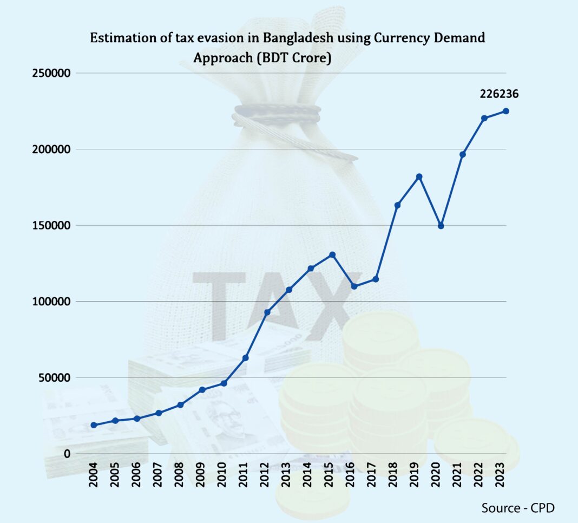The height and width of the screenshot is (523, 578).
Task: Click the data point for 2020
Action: [441, 226]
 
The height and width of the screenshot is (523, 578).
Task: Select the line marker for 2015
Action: [332, 254]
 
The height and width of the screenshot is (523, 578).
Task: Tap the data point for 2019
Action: [419, 176]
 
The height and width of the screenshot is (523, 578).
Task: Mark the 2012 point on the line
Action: [267, 312]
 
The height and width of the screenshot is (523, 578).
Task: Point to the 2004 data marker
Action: [94, 425]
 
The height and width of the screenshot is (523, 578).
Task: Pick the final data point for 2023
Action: [506, 111]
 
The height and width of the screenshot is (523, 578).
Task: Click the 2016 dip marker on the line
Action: [354, 286]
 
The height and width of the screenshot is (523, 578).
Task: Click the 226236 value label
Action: [499, 94]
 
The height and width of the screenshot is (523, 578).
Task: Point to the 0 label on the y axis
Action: [67, 454]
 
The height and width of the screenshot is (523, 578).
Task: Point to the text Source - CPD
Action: [518, 508]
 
